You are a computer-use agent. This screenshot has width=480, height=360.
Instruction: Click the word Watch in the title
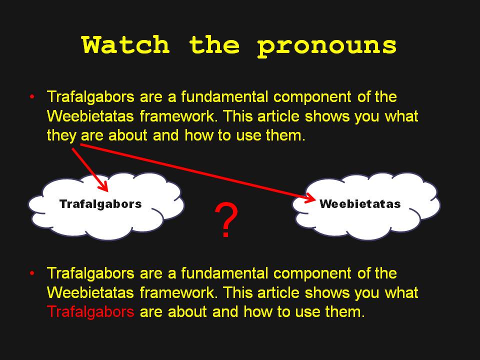tap(126, 44)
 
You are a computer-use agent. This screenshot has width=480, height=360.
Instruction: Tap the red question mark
tap(226, 219)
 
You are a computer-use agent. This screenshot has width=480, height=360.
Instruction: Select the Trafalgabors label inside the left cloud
tap(100, 204)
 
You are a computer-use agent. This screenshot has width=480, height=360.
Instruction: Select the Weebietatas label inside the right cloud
tap(360, 204)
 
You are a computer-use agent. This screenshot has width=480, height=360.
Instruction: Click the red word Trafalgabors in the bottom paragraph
tap(90, 311)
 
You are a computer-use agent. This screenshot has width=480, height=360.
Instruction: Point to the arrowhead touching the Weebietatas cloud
tap(310, 198)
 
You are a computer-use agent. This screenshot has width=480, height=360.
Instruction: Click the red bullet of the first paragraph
tap(32, 96)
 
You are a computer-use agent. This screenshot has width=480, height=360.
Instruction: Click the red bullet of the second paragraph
tap(32, 273)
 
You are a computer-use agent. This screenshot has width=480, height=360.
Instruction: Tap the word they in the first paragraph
tap(61, 135)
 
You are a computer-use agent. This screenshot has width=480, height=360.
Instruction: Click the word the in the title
tap(214, 44)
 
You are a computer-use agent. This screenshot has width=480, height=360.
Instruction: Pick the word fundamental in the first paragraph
tap(224, 96)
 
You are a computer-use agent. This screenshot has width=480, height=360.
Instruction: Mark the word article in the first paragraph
tap(278, 116)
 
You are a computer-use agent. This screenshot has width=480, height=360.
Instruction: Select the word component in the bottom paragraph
tap(312, 273)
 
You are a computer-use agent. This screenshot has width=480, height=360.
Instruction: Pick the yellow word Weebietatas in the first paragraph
tap(90, 116)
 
